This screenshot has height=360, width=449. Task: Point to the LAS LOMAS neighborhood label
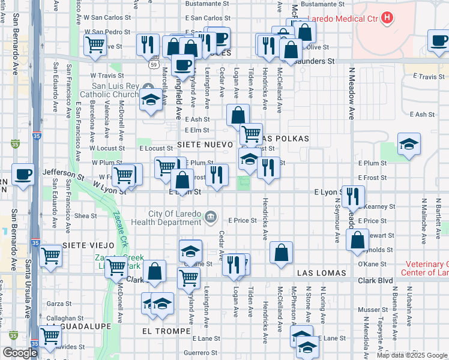[x=322, y=273]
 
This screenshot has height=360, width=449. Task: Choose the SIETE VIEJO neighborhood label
[x=88, y=246]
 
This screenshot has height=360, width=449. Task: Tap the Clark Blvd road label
[x=376, y=281]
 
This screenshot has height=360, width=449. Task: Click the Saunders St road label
[x=316, y=61]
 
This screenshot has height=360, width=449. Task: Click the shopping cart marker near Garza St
[x=51, y=335]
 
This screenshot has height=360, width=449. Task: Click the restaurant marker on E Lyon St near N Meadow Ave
[x=353, y=195]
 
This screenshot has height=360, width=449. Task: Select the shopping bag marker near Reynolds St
[x=357, y=239]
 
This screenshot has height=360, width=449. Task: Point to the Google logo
[x=20, y=353]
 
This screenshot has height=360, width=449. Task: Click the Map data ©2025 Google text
[x=411, y=355]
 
